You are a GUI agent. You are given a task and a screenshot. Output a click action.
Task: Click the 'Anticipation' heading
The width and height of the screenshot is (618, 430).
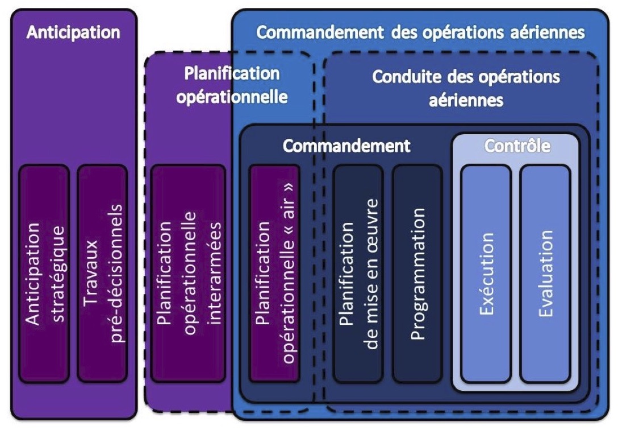click(x=73, y=32)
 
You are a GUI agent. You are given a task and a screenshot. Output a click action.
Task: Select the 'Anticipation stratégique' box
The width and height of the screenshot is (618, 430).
click(x=44, y=273)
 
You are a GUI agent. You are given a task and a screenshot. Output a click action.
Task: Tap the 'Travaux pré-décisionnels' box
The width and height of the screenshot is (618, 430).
click(x=102, y=273)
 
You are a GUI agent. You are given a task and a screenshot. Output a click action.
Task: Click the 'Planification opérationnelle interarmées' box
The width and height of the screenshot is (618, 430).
click(x=188, y=273)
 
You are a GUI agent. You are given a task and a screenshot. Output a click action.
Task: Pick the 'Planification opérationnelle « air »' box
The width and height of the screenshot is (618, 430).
click(x=274, y=273)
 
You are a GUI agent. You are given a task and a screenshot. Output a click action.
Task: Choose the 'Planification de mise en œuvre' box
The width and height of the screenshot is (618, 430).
click(x=358, y=273)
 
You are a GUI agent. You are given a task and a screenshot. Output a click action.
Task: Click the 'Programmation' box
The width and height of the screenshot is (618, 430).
click(x=417, y=273)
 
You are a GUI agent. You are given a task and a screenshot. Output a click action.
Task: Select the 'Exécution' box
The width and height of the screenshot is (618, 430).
click(x=486, y=273)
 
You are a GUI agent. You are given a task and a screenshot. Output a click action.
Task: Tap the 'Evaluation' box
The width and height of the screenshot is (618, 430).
click(x=545, y=273)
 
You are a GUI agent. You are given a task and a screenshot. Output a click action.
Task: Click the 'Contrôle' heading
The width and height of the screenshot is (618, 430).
click(x=516, y=146)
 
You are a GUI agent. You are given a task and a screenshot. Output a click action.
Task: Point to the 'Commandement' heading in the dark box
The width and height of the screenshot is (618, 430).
click(x=346, y=146)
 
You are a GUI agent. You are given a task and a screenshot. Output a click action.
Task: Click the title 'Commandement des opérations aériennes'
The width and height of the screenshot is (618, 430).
click(x=420, y=32)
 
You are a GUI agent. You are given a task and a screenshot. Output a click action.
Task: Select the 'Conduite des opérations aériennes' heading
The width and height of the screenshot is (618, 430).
click(x=466, y=88)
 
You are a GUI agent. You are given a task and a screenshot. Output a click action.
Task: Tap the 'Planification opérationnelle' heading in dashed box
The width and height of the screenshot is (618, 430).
click(x=232, y=85)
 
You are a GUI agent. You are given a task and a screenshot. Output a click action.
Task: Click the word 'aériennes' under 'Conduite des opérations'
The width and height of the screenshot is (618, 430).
click(x=466, y=100)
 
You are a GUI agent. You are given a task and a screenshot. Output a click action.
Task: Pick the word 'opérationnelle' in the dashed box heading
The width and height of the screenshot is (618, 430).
click(x=232, y=96)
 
